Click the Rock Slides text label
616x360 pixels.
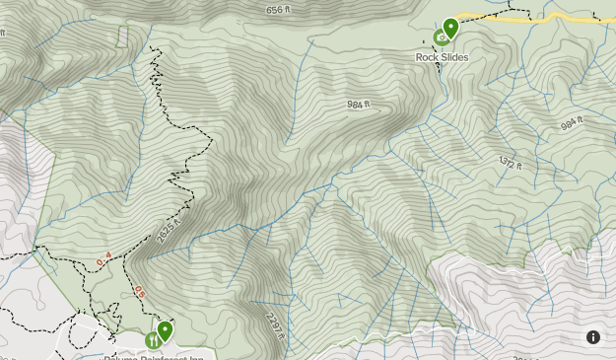442,57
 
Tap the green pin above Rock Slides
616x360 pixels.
451,28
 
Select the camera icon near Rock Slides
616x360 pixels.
441,37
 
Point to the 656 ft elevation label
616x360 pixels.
279,11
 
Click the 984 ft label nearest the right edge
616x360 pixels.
573,125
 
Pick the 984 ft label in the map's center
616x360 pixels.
360,105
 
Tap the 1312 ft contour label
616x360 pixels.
510,162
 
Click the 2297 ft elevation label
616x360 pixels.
275,324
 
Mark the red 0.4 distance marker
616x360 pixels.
103,259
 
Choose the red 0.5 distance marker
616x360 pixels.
140,292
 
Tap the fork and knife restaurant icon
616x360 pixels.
153,340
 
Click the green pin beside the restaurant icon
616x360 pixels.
166,330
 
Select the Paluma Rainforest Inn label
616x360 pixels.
158,357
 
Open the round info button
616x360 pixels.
593,337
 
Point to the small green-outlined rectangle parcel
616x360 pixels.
122,36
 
